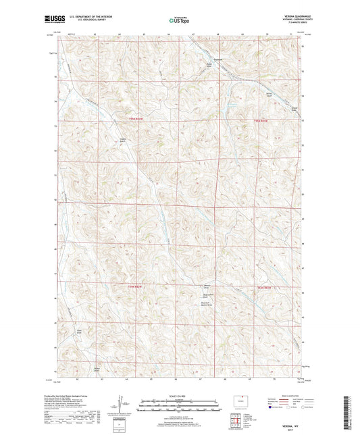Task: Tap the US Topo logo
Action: pyautogui.click(x=178, y=20)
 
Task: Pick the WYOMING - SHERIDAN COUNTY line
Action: pyautogui.click(x=288, y=20)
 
